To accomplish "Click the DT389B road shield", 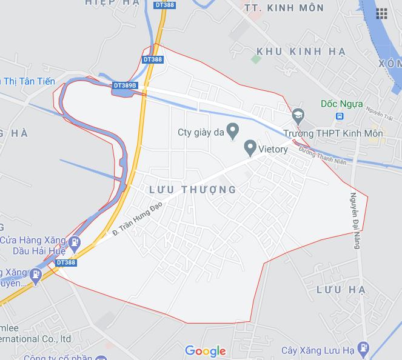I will point(126,86).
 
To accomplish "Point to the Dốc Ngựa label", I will point(342,104).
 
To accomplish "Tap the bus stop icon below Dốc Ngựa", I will point(340,116).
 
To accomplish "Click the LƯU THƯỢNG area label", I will point(192,190).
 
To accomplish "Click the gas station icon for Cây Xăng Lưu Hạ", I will point(363,348).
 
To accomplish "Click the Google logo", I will point(206,351).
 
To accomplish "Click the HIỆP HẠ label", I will point(112,3).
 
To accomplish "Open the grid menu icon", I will point(381,13).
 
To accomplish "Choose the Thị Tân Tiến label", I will point(28,81).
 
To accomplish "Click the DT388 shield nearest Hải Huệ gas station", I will point(66,262).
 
